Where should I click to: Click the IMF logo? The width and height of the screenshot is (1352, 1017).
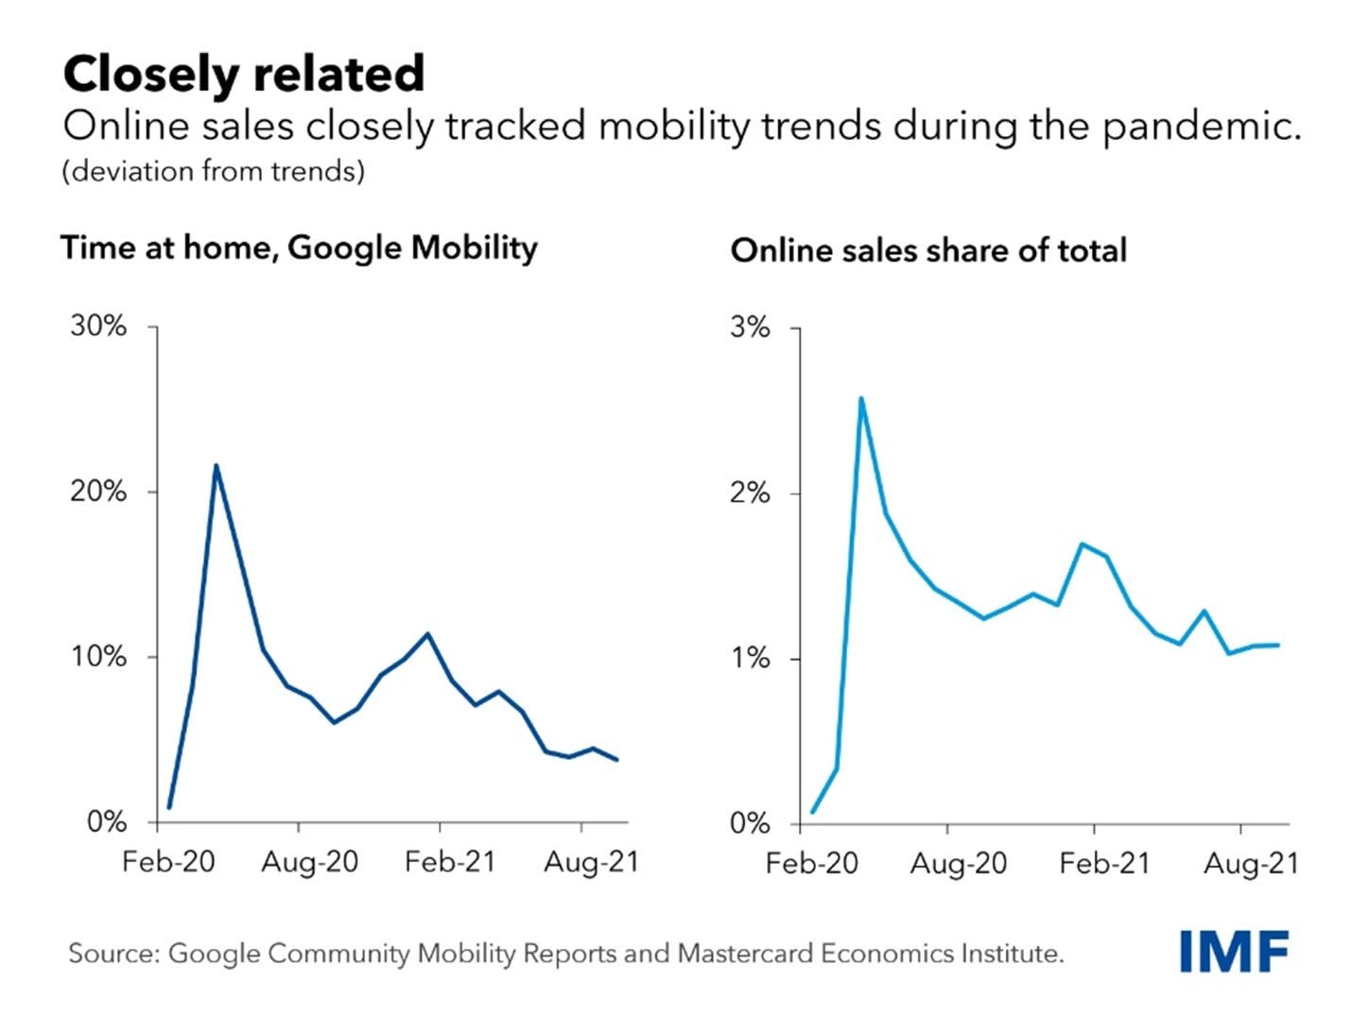point(1234,951)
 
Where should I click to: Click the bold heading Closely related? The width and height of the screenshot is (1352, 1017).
point(244,74)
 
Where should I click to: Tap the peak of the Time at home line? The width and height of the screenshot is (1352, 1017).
point(216,466)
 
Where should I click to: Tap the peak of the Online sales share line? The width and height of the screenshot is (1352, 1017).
point(860,398)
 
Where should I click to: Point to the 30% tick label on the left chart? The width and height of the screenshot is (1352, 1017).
point(98,326)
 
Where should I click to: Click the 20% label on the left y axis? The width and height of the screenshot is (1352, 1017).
point(98,491)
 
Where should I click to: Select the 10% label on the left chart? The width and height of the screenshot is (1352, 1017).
point(98,656)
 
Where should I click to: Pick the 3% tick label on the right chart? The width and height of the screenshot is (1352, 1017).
point(750,328)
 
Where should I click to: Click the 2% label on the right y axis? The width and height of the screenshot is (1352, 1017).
point(750,493)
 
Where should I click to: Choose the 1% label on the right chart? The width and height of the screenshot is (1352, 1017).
point(750,658)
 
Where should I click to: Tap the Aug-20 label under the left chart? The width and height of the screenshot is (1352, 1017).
point(310,862)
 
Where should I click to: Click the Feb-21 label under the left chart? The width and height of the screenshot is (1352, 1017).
point(450,862)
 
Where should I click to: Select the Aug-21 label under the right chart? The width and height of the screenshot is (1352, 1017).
point(1251,864)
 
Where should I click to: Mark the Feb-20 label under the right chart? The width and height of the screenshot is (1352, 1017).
point(812,864)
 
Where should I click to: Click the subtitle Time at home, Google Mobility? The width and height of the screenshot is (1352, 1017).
point(299,248)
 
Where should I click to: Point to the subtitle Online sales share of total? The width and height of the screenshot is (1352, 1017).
point(928,250)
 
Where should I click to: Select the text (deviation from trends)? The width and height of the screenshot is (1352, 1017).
point(214,171)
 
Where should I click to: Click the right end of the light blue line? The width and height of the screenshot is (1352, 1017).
point(1278,646)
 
